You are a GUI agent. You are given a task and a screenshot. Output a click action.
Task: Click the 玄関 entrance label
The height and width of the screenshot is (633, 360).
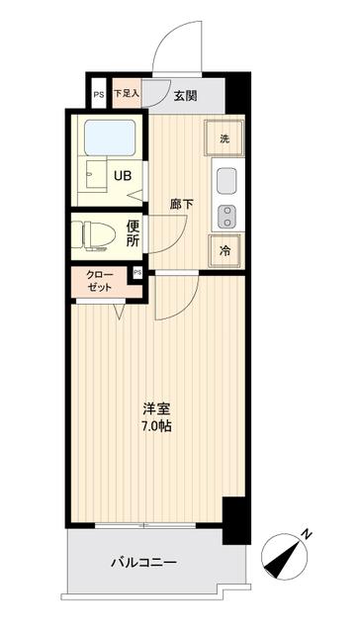click(187, 95)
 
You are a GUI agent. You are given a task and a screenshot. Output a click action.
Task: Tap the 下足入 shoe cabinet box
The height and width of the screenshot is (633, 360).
click(127, 94)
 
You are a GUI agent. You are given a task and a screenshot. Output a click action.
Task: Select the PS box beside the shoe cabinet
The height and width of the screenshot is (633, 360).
click(98, 95)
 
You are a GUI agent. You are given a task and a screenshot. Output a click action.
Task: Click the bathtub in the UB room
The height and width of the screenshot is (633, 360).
click(110, 136)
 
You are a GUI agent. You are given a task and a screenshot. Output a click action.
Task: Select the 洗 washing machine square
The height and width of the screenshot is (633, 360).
click(225, 137)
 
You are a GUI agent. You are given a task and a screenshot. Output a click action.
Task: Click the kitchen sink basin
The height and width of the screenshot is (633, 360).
click(226, 182)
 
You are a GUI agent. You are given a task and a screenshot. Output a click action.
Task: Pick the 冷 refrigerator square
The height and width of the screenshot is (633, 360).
click(225, 250)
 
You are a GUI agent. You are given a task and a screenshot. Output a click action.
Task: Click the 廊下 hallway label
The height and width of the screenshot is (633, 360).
click(181, 205)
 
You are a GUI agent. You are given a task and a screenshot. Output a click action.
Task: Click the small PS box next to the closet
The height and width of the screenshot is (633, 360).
click(136, 272)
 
